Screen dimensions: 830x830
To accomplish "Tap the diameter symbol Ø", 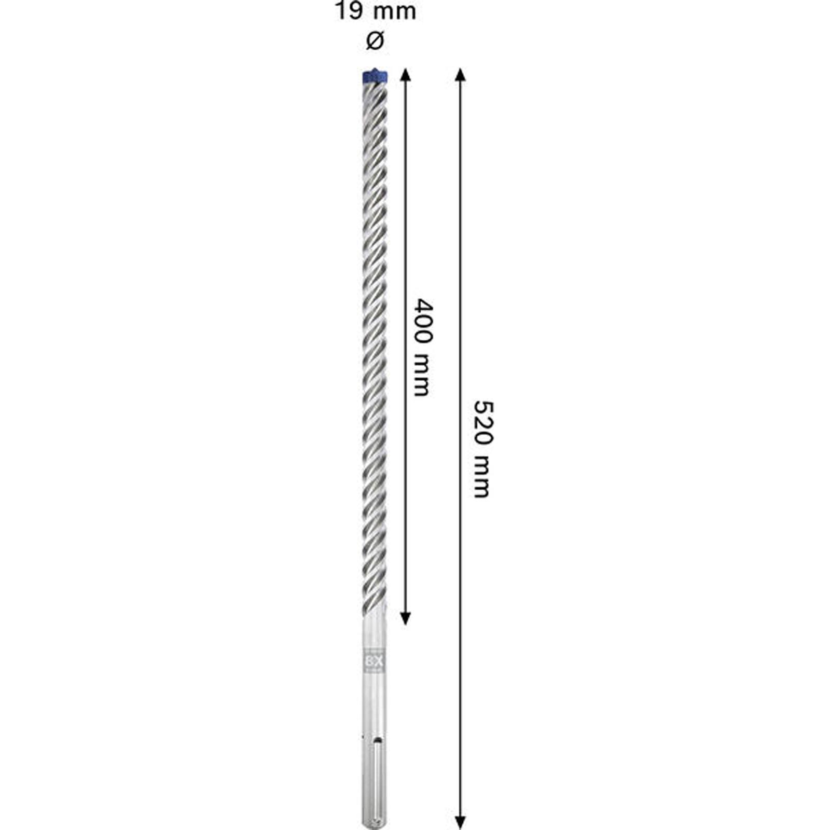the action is pos(375,40).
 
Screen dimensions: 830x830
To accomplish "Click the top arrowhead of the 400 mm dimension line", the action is pos(406,74).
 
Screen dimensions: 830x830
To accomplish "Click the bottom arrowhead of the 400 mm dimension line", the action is pos(406,618).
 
